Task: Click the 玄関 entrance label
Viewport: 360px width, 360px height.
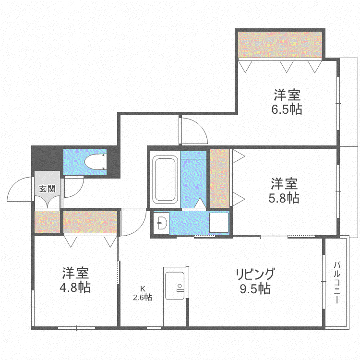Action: click(x=48, y=189)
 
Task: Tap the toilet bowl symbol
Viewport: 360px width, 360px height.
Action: click(x=96, y=162)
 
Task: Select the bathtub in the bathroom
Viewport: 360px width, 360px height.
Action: click(x=165, y=180)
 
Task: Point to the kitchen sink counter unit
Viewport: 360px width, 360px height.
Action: click(x=176, y=296)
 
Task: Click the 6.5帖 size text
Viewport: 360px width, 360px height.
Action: click(x=287, y=109)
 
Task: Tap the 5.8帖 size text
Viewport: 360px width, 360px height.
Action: click(x=284, y=198)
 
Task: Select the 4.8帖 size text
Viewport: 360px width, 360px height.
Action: click(x=75, y=288)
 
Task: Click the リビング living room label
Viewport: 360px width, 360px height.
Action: click(x=255, y=274)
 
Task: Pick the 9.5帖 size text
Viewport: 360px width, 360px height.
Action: click(x=255, y=289)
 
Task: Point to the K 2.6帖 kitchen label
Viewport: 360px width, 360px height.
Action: click(x=143, y=293)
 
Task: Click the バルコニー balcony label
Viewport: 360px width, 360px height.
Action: click(x=337, y=282)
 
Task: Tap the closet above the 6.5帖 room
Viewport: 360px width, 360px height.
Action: click(x=280, y=45)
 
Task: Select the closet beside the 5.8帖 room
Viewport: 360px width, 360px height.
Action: click(x=220, y=179)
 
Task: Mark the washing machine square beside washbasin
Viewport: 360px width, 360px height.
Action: click(x=219, y=223)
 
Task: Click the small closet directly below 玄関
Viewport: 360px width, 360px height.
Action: click(x=48, y=222)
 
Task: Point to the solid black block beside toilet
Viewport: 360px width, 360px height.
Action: click(x=48, y=158)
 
